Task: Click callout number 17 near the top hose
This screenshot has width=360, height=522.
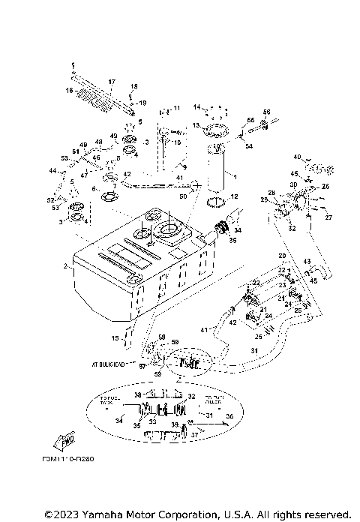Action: point(112,82)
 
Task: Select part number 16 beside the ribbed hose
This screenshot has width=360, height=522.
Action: point(69,91)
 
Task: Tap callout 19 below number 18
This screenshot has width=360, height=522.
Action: point(143,102)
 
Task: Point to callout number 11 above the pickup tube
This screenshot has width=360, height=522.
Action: point(177,109)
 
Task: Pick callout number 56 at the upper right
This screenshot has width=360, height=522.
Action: point(266,112)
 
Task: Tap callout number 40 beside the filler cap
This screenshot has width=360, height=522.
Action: point(297,157)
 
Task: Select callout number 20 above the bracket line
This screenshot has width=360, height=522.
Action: point(282,256)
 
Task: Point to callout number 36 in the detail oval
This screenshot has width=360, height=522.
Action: point(230,415)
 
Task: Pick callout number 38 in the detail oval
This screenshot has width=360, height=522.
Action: point(137,394)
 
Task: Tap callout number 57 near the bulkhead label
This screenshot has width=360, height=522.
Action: point(141,367)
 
